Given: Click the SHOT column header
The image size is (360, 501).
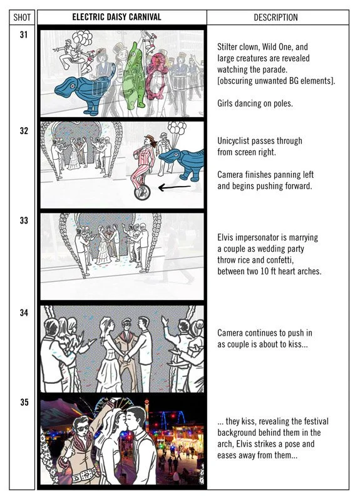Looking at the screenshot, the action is coord(22,18).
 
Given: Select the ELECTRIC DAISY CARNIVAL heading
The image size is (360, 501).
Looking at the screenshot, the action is coord(116,17).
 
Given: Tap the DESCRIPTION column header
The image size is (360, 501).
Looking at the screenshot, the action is coord(275,18).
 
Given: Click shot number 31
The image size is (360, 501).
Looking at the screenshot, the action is coord(24,34).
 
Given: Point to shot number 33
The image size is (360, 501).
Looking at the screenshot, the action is coord(24,220).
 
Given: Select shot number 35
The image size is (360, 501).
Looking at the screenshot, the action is coord(24,402).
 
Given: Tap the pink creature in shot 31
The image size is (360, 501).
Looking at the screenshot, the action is coord(157,76).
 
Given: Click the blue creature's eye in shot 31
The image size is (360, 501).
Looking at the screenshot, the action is coord(73,86).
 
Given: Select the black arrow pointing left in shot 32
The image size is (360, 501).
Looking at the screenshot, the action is coord(175,187).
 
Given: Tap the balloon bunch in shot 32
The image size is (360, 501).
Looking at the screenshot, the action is coord(177,128).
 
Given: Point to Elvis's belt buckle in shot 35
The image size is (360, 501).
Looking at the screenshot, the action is coord(84,476).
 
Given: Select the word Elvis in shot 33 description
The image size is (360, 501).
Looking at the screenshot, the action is coord(225,237).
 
